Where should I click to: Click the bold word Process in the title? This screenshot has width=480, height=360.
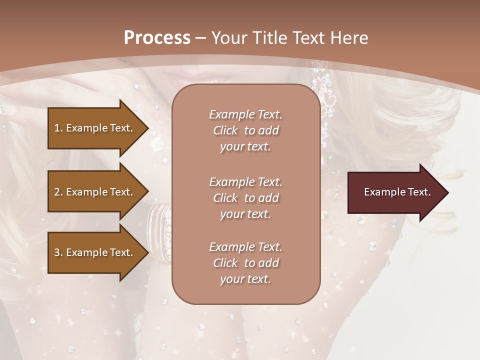[x=157, y=38]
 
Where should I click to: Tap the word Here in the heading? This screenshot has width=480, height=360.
[x=350, y=38]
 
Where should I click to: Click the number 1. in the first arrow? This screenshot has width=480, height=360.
[x=58, y=128]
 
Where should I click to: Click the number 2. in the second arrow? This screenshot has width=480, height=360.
[x=58, y=192]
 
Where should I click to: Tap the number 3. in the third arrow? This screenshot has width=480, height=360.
[x=58, y=252]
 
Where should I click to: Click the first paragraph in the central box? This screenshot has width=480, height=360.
[x=245, y=130]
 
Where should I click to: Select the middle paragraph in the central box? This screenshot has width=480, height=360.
[x=245, y=198]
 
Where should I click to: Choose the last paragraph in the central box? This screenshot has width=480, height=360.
[x=245, y=263]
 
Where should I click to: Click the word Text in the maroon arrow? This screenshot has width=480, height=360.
[x=419, y=192]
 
